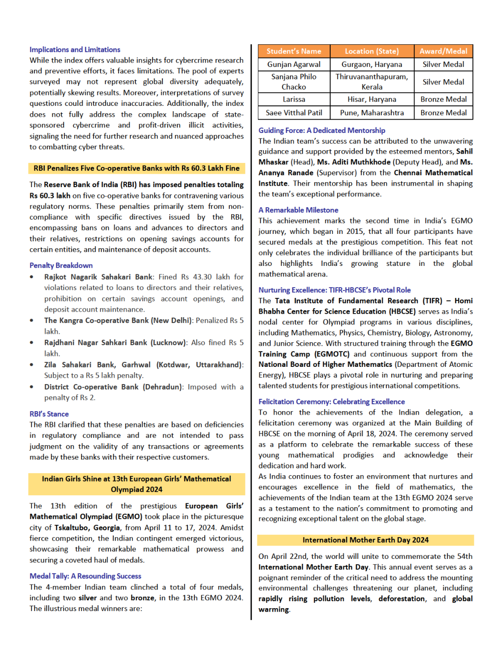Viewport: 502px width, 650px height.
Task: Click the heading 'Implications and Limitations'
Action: (x=75, y=50)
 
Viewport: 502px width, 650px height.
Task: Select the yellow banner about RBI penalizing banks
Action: (x=136, y=168)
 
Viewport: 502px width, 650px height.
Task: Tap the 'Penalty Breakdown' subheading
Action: (x=61, y=265)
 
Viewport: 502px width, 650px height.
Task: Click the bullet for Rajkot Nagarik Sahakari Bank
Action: (x=32, y=277)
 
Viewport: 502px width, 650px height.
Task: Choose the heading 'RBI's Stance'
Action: (x=49, y=414)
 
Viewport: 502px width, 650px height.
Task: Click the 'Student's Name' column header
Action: (x=294, y=51)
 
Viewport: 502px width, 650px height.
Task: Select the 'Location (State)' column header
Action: (x=372, y=51)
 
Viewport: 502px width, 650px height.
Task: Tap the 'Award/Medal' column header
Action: (x=443, y=51)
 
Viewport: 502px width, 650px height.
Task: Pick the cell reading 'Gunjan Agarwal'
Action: (x=294, y=65)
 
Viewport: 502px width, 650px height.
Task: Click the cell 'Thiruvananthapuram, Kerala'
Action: (x=372, y=82)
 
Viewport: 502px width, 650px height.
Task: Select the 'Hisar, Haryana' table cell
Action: (x=372, y=99)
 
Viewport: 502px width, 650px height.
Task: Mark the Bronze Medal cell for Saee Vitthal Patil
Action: (x=443, y=113)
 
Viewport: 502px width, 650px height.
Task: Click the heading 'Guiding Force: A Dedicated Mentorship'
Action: (x=322, y=130)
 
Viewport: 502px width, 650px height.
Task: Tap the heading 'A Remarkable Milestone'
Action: (x=298, y=210)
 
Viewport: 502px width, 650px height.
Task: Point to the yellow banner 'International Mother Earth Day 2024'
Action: (x=365, y=540)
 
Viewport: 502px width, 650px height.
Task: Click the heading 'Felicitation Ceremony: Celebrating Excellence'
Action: (x=332, y=402)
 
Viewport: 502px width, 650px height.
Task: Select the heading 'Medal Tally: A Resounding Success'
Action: (x=85, y=576)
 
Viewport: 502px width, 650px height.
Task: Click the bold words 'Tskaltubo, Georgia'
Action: (x=87, y=528)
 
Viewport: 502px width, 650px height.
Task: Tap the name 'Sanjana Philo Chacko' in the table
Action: (x=294, y=82)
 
